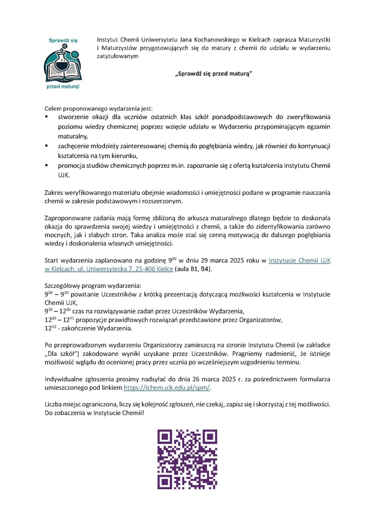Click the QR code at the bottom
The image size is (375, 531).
(x=187, y=459)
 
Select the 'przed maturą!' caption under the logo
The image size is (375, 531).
(x=63, y=87)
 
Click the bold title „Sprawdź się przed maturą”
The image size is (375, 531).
(x=214, y=74)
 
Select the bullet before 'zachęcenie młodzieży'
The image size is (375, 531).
(x=46, y=146)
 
